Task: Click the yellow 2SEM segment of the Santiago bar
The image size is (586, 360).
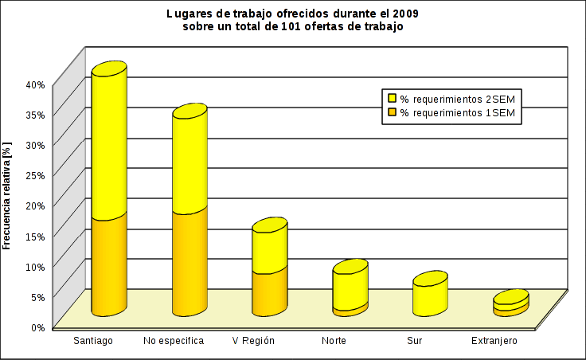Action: pos(109,143)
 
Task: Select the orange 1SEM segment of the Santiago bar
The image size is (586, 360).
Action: pos(109,263)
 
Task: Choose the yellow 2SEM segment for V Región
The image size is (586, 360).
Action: pos(269,248)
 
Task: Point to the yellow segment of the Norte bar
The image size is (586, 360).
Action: pos(350,287)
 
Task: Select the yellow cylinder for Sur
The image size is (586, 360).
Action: pos(430,295)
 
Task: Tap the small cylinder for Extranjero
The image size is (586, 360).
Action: pos(510,303)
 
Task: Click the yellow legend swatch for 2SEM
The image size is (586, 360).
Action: pos(392,99)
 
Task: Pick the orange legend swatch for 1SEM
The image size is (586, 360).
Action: pos(392,113)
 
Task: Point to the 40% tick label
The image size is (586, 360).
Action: pos(35,84)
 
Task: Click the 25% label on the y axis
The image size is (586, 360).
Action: pos(35,174)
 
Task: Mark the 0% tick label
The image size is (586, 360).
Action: pos(37,326)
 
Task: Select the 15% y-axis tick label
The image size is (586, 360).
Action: pos(35,235)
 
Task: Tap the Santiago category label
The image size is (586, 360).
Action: pos(93,341)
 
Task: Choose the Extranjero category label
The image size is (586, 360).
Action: pos(494,341)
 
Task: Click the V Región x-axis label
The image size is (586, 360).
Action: pos(253,341)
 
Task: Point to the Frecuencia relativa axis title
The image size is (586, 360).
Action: pos(7,195)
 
